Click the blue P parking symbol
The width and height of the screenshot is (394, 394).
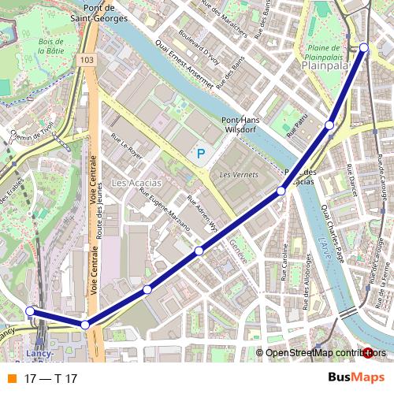pyautogui.click(x=200, y=154)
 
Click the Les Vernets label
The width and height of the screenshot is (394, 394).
pyautogui.click(x=235, y=174)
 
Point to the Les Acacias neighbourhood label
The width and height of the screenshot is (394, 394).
pyautogui.click(x=136, y=183)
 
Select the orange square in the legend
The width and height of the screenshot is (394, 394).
pyautogui.click(x=11, y=379)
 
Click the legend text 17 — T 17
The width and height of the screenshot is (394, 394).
pyautogui.click(x=50, y=379)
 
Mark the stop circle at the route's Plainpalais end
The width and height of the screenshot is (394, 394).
pyautogui.click(x=364, y=48)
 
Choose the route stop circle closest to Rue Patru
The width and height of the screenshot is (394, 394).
pyautogui.click(x=330, y=125)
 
